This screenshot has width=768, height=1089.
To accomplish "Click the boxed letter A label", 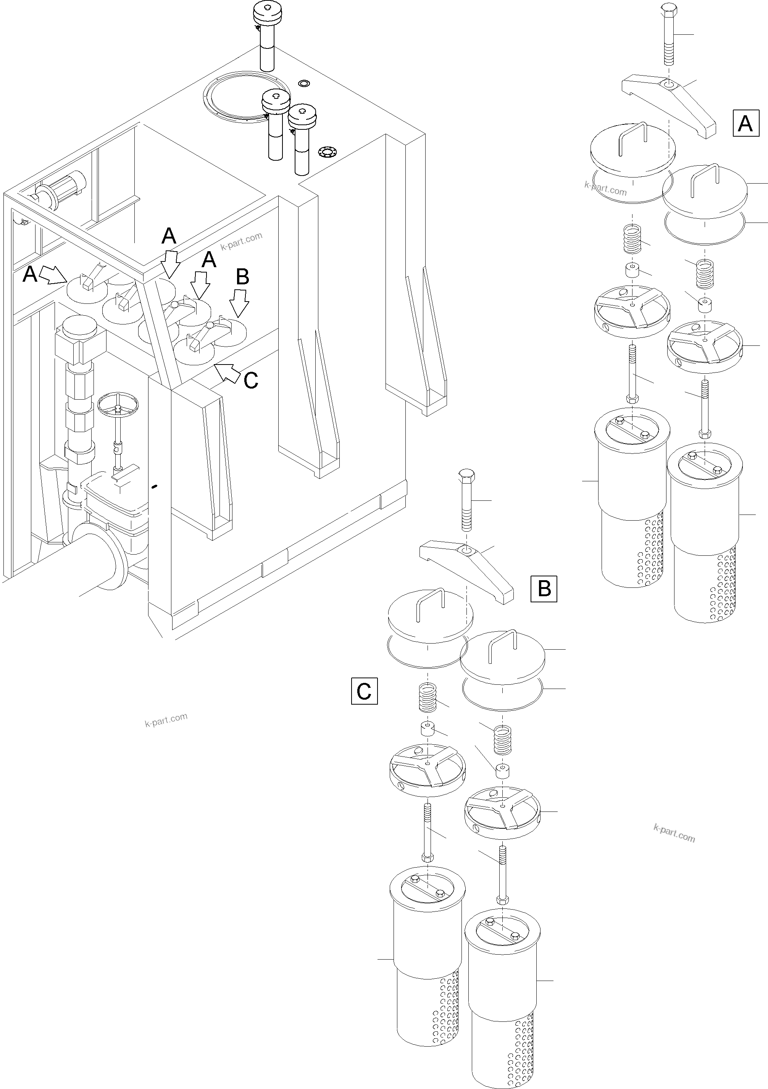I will (x=746, y=123).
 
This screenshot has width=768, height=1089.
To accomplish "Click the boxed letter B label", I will (x=544, y=589).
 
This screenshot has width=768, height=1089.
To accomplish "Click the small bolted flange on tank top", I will (x=327, y=153).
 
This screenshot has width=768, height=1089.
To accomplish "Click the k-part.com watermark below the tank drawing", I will (x=166, y=720).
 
